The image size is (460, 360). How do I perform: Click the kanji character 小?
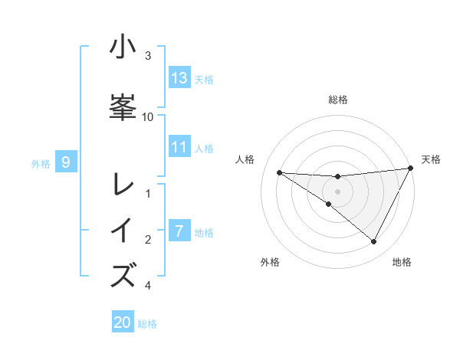(x=123, y=47)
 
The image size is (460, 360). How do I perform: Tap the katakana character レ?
(x=123, y=185)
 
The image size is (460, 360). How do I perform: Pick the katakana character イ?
(x=123, y=230)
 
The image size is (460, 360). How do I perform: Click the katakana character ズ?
(x=123, y=274)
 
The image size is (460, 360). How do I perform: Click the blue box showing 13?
(x=179, y=78)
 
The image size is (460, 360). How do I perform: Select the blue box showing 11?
(x=179, y=148)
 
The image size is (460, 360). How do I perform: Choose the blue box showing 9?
(x=66, y=162)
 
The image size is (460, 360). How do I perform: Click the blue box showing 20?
(x=123, y=322)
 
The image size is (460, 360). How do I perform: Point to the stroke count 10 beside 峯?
(x=148, y=116)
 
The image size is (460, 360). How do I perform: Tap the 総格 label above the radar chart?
(x=338, y=100)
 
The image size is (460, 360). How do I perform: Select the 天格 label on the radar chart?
(x=431, y=159)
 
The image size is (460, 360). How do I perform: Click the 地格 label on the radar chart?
(x=402, y=262)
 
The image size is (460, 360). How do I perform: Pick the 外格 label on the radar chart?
(x=270, y=262)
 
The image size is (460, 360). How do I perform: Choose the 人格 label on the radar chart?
(x=245, y=159)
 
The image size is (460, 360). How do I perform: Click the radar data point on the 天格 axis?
(x=411, y=169)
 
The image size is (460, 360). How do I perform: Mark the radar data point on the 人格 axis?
(x=279, y=172)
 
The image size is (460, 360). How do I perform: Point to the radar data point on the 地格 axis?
(x=374, y=242)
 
